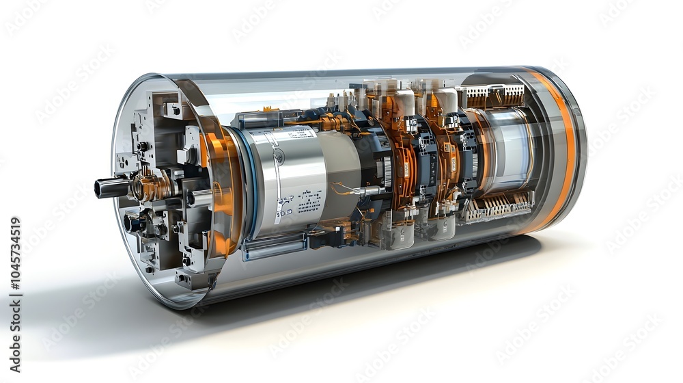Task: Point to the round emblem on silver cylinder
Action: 279,157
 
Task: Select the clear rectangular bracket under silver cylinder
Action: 273,247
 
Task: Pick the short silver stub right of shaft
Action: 198,198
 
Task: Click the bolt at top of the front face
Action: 175,109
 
